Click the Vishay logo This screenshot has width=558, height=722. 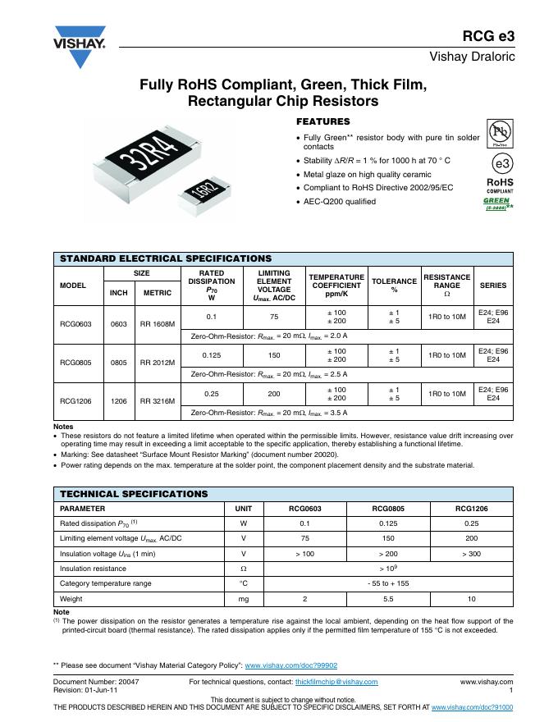pos(80,48)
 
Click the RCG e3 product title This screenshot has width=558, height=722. pos(488,35)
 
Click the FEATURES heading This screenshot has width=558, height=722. pos(322,121)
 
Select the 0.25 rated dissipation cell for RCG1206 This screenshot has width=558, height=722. pos(211,393)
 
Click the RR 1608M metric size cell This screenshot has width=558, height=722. pos(158,324)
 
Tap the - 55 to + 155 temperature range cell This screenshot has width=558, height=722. pos(389,583)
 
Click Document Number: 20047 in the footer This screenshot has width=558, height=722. pos(96,682)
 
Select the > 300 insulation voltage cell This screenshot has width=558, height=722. pos(472,553)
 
